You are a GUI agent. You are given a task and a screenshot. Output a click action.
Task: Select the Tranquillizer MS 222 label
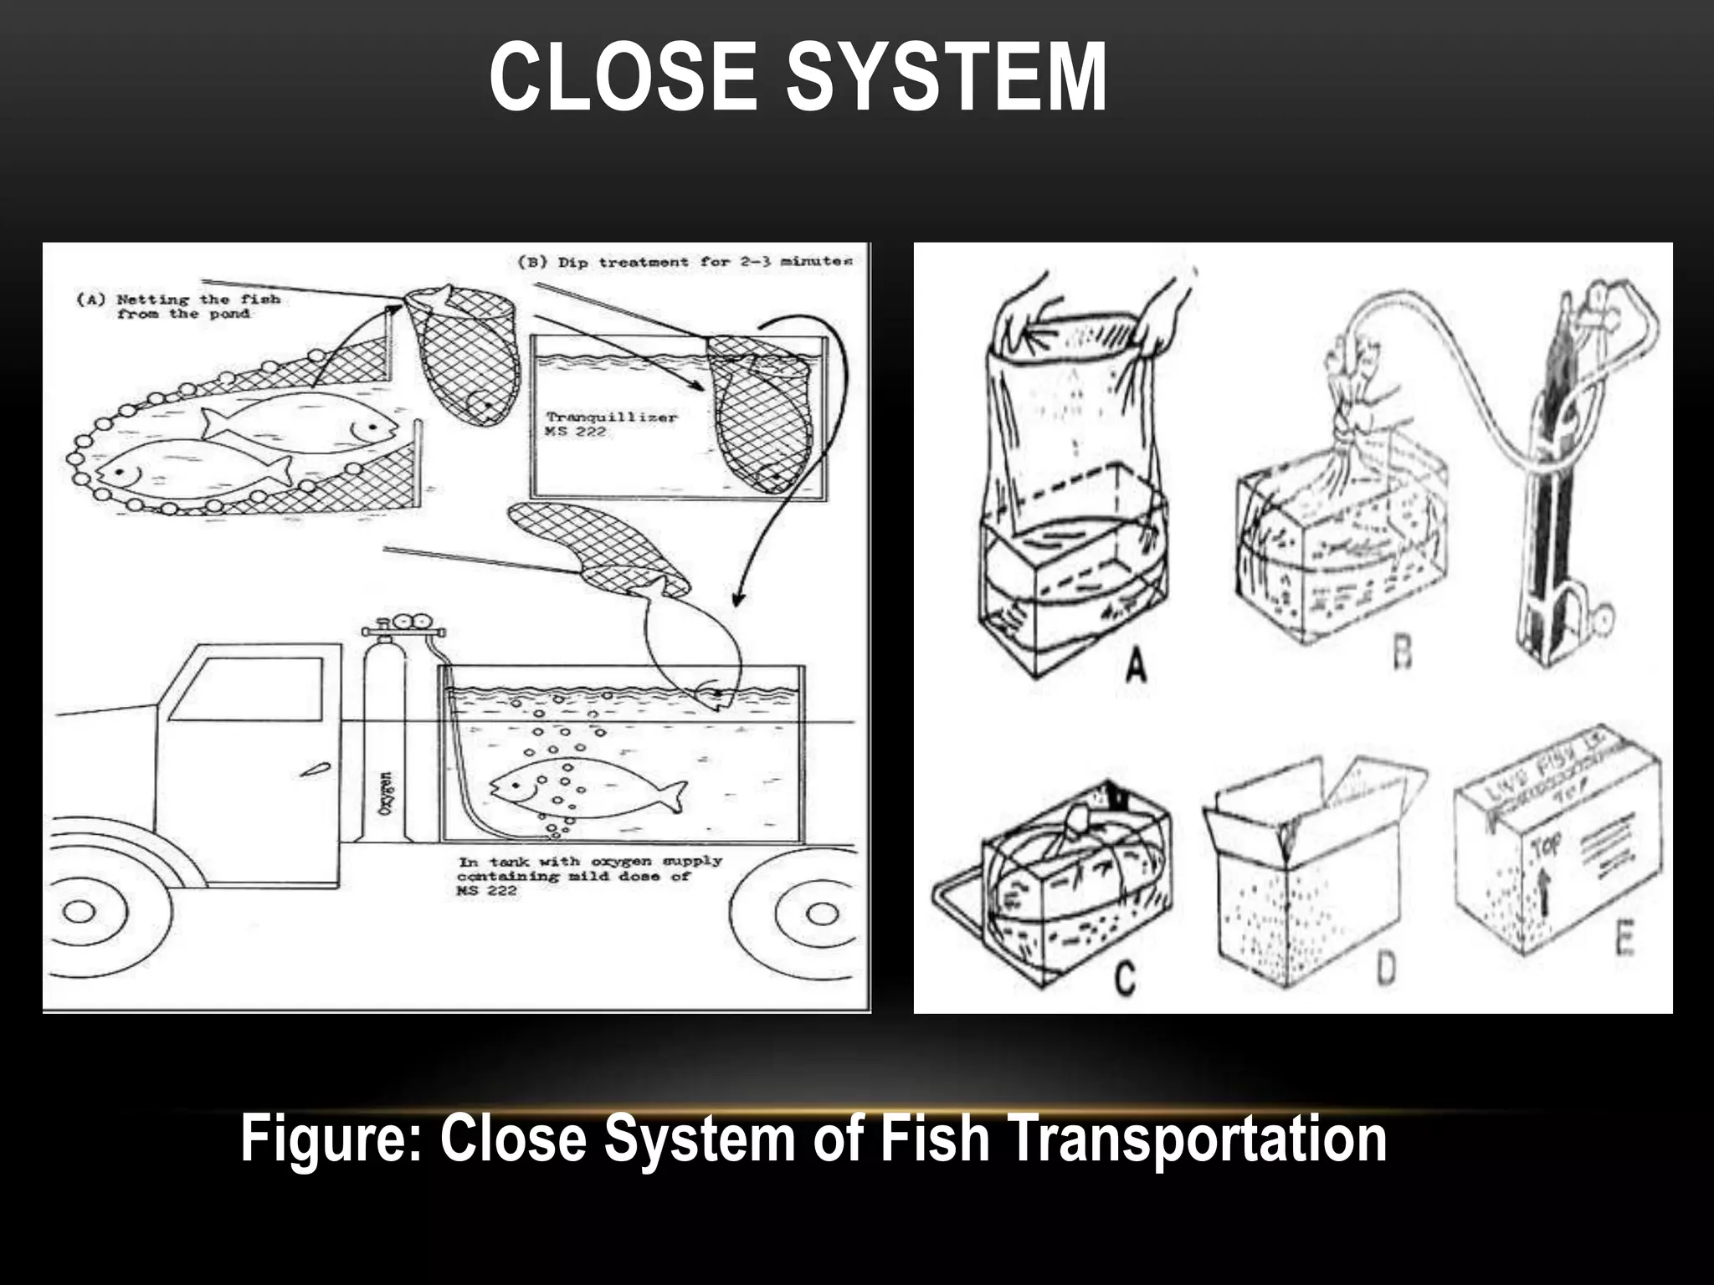coord(611,423)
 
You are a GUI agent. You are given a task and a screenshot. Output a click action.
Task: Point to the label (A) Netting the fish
coord(178,306)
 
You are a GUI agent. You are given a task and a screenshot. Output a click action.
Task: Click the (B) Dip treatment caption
coord(685,262)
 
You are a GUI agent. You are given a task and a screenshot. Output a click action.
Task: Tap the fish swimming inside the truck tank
coord(586,789)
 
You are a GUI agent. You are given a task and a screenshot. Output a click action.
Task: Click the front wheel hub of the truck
coord(79,912)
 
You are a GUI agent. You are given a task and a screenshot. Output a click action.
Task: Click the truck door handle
coord(318,770)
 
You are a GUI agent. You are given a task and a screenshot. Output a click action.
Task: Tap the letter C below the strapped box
coord(1125,976)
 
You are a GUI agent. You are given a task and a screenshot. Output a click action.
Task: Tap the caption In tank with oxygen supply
coord(589,875)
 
